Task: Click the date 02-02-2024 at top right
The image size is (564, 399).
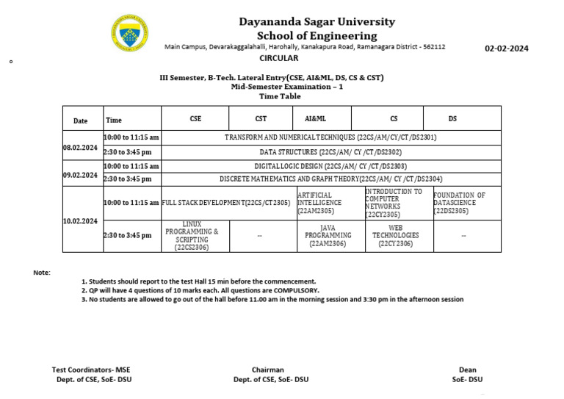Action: coord(506,49)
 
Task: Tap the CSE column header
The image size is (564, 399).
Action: coord(195,118)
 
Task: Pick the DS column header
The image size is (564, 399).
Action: coord(452,118)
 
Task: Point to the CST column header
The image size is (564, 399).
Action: coord(261,118)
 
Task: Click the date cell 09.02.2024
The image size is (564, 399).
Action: coord(80,175)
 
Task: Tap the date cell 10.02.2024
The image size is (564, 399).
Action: coord(80,220)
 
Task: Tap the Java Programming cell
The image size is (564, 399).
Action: coord(330,236)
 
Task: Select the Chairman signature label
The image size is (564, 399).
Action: coord(267,370)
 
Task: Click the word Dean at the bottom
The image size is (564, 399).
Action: coord(467,370)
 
